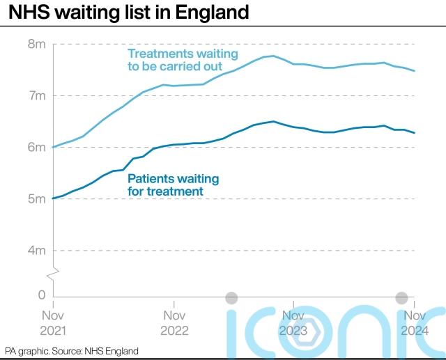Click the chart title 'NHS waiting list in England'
click(129, 13)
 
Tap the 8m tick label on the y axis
click(36, 44)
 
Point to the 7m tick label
click(36, 95)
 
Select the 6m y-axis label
click(36, 147)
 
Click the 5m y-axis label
click(36, 198)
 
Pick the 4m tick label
click(36, 250)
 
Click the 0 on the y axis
click(41, 296)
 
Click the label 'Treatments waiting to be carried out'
click(183, 60)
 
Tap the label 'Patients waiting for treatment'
click(173, 185)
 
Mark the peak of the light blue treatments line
click(273, 56)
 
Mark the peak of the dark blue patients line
click(273, 121)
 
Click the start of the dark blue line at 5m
click(54, 198)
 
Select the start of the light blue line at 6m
click(54, 147)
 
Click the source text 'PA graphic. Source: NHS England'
click(72, 351)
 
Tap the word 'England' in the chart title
click(213, 13)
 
